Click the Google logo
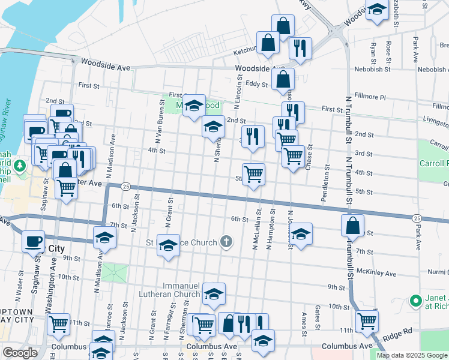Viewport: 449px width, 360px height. pyautogui.click(x=19, y=353)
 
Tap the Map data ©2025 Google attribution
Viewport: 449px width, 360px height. pyautogui.click(x=411, y=355)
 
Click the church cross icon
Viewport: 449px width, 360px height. pyautogui.click(x=226, y=242)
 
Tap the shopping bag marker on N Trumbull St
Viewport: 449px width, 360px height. pyautogui.click(x=352, y=226)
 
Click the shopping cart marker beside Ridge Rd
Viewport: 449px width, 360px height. pyautogui.click(x=367, y=322)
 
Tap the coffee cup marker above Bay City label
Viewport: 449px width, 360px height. pyautogui.click(x=33, y=241)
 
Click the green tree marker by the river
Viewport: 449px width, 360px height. pyautogui.click(x=20, y=164)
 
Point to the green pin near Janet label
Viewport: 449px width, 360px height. pyautogui.click(x=414, y=301)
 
